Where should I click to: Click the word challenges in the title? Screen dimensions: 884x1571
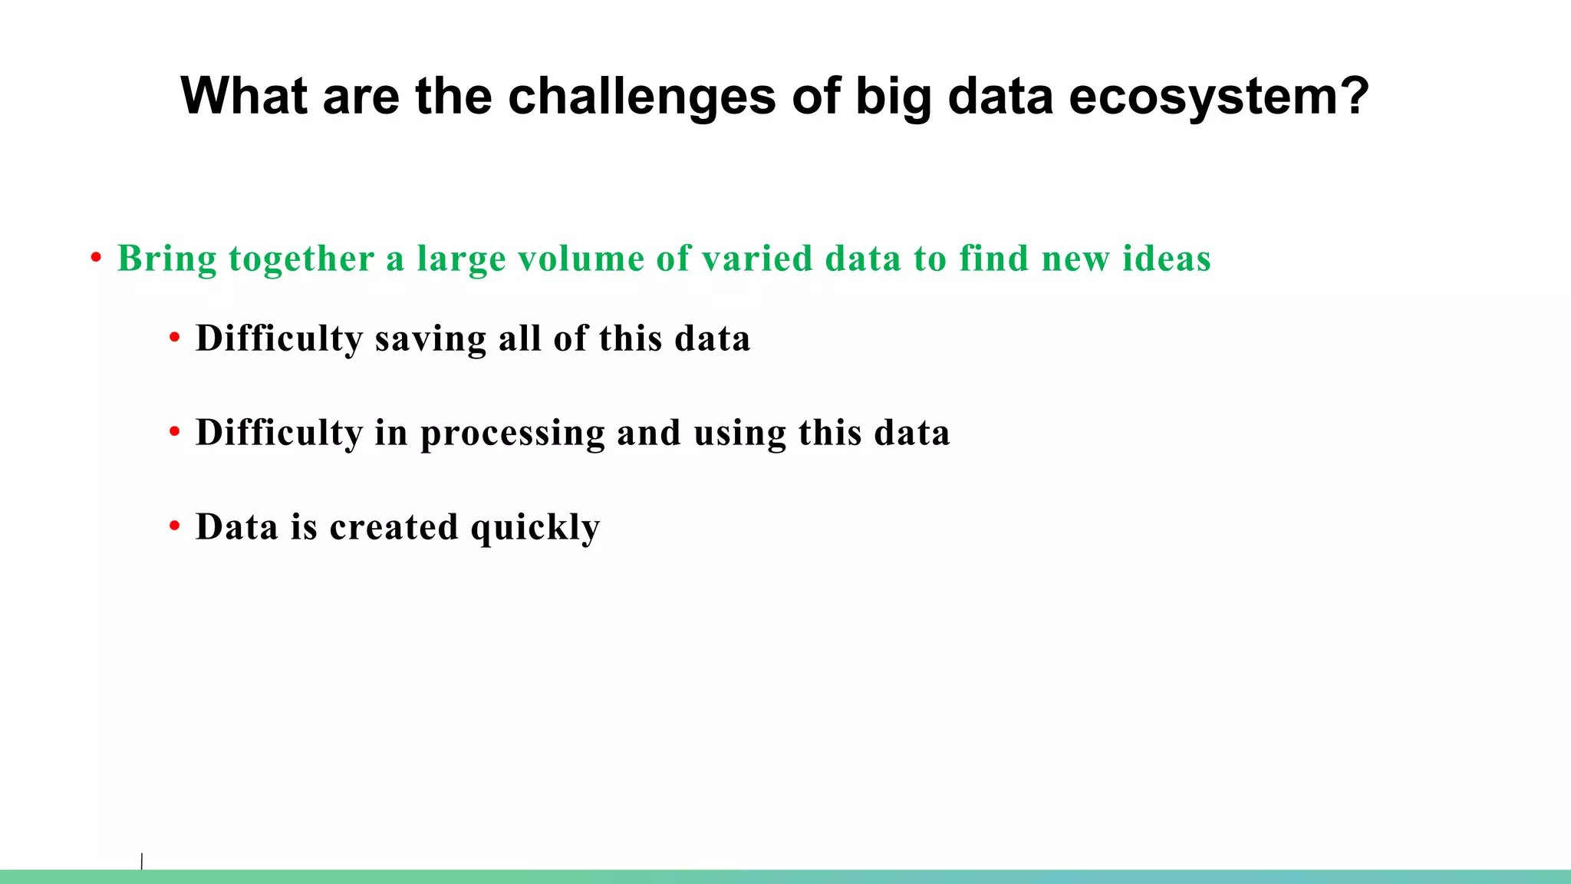tap(641, 97)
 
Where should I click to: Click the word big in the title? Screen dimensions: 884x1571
tap(893, 98)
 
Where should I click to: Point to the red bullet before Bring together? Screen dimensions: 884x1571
tap(96, 259)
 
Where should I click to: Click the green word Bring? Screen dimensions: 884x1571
tap(166, 259)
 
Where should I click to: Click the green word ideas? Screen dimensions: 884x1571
tap(1166, 259)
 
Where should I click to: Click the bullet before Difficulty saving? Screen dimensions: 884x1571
tap(175, 338)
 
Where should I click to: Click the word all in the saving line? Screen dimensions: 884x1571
tap(520, 338)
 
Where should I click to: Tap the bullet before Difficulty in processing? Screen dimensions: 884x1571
tap(175, 432)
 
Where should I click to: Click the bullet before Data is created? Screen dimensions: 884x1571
tap(175, 526)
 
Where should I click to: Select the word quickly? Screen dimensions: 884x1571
tap(535, 528)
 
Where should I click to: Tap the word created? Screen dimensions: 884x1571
tap(394, 527)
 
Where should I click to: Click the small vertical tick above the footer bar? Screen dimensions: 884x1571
tap(142, 861)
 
